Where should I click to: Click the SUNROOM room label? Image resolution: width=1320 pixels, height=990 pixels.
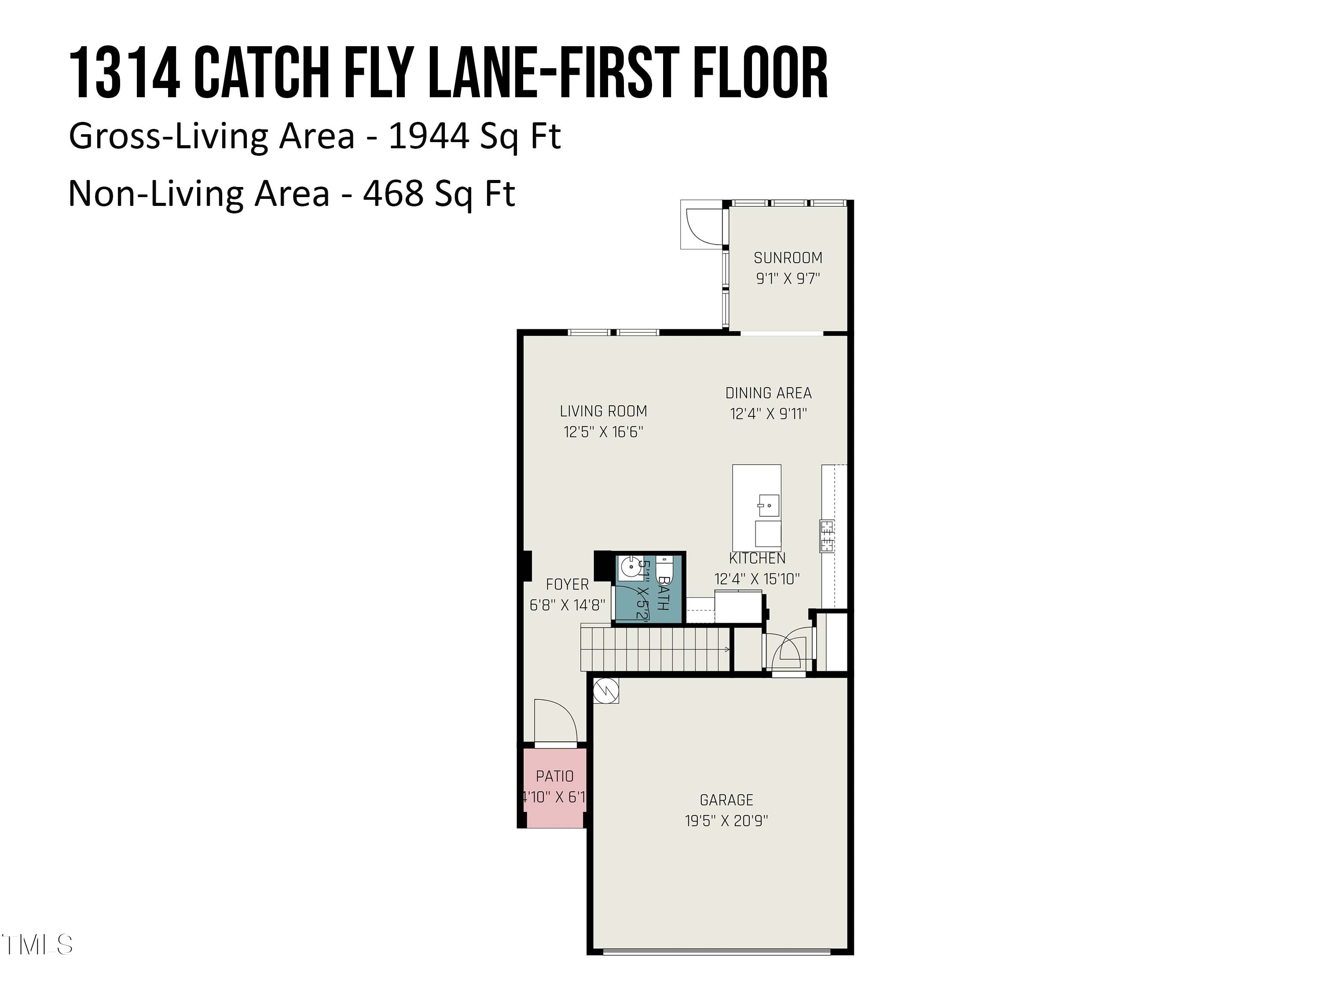(788, 258)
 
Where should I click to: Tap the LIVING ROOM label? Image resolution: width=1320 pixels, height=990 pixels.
(603, 411)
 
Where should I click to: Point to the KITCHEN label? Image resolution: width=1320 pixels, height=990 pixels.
(757, 558)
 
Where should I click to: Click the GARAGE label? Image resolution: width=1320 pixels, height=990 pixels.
(726, 799)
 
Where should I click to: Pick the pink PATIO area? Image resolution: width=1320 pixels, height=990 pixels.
(554, 788)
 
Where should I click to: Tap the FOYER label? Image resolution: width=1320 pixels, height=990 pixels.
(567, 584)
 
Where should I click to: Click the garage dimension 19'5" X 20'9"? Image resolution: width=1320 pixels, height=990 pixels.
(726, 821)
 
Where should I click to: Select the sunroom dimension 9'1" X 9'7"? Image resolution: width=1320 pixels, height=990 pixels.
(788, 279)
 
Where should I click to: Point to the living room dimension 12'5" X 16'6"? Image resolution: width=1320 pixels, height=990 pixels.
(603, 432)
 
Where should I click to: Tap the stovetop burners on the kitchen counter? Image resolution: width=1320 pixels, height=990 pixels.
(827, 536)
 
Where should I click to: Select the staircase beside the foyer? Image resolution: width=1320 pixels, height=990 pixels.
(655, 648)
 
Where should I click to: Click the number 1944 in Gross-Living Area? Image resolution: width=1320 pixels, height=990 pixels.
(429, 136)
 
